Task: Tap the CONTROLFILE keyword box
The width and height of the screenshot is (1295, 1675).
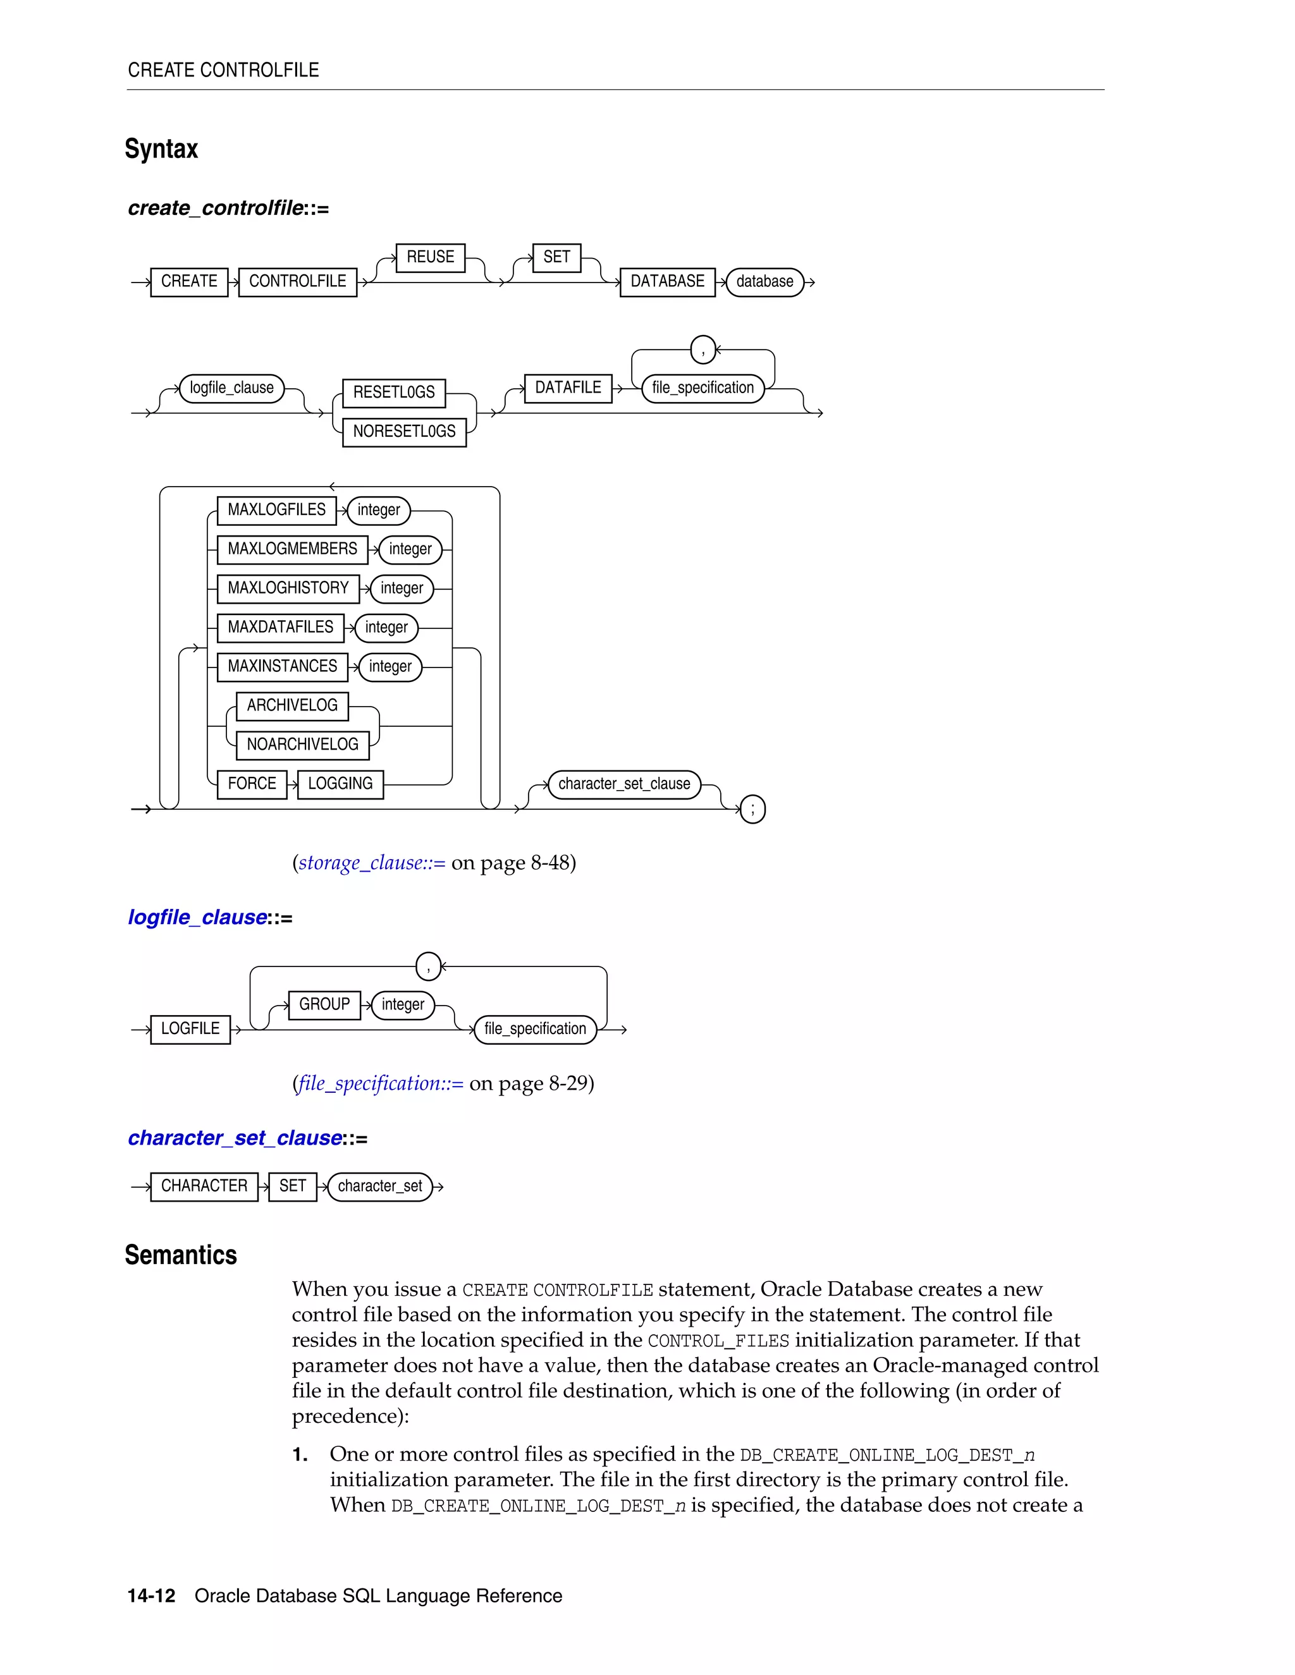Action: [298, 281]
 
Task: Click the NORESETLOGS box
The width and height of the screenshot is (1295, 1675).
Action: [403, 432]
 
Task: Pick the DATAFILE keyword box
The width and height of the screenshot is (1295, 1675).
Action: [568, 388]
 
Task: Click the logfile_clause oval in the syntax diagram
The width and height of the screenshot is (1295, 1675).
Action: [231, 388]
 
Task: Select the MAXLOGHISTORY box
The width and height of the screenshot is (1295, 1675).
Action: [288, 588]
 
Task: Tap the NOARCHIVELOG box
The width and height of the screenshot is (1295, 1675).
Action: [302, 745]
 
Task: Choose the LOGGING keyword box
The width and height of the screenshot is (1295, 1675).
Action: [340, 784]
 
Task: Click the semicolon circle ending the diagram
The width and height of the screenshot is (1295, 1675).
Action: [752, 809]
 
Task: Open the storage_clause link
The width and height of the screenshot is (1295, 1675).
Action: [371, 863]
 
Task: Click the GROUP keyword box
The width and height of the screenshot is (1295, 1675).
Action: [324, 1005]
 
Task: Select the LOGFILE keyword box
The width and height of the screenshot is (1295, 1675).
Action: [190, 1029]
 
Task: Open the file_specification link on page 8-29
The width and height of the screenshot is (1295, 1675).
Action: [381, 1083]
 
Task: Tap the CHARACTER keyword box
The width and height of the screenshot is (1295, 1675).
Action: [204, 1186]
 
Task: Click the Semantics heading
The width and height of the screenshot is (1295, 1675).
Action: [181, 1255]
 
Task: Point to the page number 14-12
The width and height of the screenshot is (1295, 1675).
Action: [151, 1596]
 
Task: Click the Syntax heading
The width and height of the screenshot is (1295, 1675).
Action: [161, 149]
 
